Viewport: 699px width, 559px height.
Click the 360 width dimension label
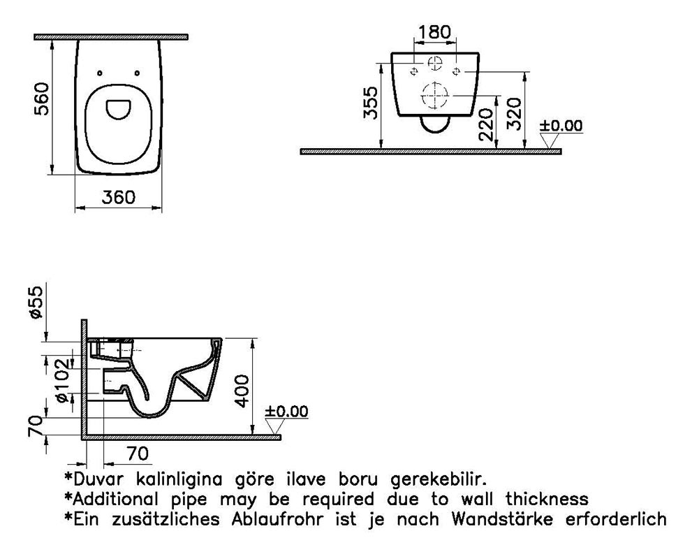(118, 197)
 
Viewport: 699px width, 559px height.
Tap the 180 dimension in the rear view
(434, 32)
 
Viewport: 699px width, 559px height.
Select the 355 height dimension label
(371, 103)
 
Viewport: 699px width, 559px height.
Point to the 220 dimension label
(485, 124)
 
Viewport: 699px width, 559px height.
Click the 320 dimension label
(513, 114)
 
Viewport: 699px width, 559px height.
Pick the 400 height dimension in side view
(242, 391)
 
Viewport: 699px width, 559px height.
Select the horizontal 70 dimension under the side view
(138, 453)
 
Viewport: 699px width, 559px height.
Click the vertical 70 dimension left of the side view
(36, 426)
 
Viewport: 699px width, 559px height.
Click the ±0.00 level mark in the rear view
(561, 126)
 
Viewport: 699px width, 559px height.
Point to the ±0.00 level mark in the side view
(286, 412)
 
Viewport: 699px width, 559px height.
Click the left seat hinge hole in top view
(99, 73)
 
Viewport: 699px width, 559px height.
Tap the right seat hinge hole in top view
(137, 73)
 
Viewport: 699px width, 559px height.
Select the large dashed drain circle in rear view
(434, 95)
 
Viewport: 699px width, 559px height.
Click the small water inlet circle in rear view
(435, 64)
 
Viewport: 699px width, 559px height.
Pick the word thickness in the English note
(547, 499)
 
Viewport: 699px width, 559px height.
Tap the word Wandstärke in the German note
(502, 519)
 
